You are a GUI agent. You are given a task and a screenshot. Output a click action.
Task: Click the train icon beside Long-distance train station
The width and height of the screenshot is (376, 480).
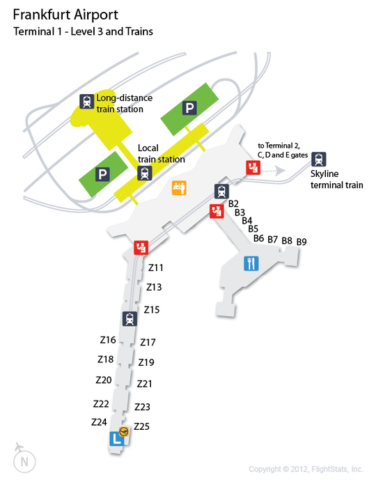[86, 101]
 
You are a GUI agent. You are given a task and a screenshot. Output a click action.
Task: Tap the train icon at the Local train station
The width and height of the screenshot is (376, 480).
[144, 173]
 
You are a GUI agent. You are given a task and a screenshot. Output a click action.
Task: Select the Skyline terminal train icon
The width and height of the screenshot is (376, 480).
[318, 159]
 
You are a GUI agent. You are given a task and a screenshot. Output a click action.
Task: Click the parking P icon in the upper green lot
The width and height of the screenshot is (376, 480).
[189, 108]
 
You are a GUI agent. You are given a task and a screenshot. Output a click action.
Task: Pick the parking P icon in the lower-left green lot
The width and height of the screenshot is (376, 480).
[102, 174]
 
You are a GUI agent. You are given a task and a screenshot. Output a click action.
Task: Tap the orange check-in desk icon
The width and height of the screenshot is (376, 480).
[179, 187]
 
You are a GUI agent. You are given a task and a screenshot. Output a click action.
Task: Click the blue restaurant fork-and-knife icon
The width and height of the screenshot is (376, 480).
[251, 263]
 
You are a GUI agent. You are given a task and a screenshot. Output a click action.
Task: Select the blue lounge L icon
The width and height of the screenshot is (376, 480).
[116, 439]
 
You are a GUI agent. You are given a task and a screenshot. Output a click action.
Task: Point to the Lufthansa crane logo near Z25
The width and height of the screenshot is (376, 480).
[124, 432]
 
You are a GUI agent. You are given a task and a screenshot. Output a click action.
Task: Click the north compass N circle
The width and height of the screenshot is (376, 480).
[24, 462]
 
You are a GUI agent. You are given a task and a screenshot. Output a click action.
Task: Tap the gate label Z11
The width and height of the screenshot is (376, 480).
[156, 268]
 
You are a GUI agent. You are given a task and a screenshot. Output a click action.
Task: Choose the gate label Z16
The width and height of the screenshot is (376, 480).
[108, 340]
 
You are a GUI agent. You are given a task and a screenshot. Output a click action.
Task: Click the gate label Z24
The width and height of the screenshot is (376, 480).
[99, 422]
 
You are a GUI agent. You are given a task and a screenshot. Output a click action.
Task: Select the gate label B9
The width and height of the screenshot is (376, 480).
[301, 242]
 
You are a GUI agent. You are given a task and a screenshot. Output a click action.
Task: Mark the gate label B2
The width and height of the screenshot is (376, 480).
[233, 203]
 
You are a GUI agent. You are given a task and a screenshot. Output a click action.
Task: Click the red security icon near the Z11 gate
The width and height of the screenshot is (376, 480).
[141, 247]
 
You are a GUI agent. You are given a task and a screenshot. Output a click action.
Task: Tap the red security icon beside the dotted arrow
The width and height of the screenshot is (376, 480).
[253, 168]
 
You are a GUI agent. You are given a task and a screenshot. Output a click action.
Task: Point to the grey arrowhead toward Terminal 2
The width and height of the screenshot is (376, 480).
[280, 171]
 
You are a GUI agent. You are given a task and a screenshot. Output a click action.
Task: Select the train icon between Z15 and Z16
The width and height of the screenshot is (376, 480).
[130, 318]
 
